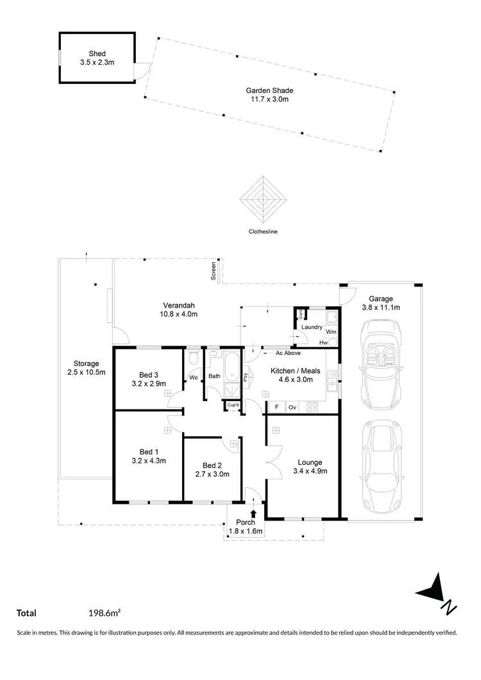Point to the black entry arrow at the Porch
pos(254,513)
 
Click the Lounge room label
pos(310,462)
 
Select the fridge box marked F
pos(276,407)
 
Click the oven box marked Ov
pos(292,407)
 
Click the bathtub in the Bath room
pos(231,372)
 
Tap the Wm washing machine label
pos(331,332)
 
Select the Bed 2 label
pos(212,465)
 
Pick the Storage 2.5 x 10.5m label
pos(86,367)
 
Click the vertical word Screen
pos(214,271)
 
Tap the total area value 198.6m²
pos(105,613)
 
